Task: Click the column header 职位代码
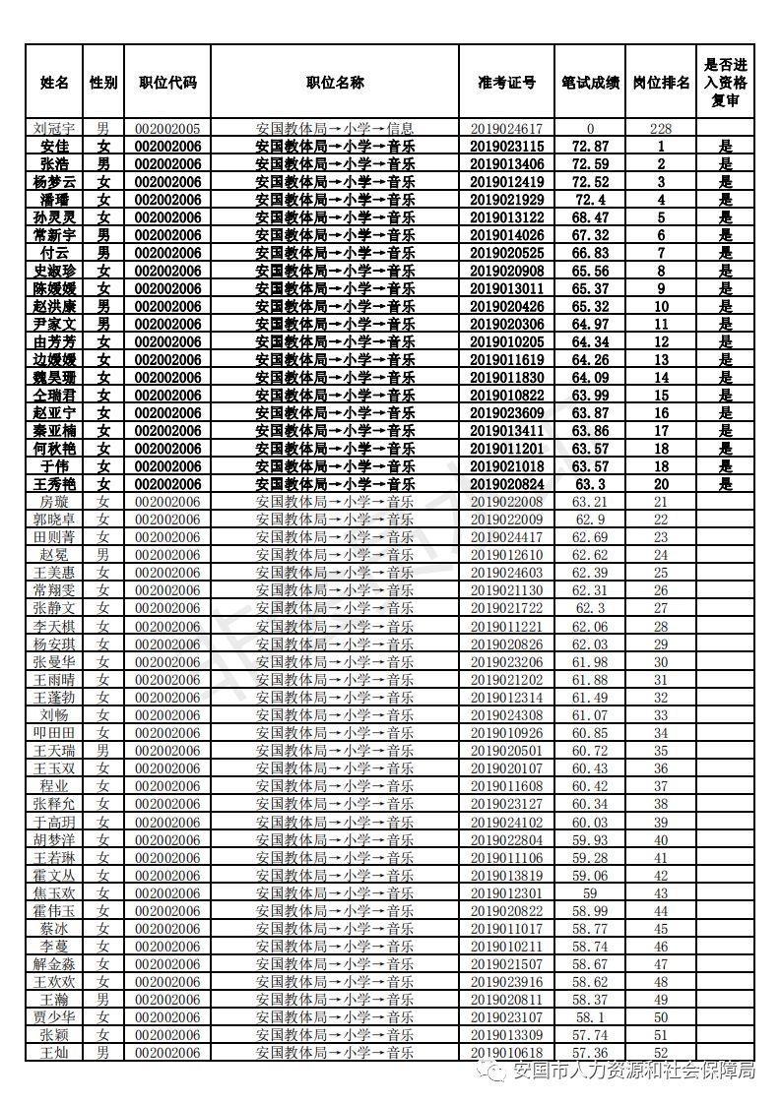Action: [167, 83]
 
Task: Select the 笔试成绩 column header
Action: [590, 83]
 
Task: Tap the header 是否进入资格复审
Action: [725, 83]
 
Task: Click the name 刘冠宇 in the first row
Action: [54, 128]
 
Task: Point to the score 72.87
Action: [590, 146]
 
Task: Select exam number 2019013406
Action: [506, 163]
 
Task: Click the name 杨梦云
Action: [54, 182]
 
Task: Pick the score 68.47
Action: [590, 217]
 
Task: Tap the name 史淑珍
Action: [54, 271]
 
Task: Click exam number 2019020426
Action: [506, 306]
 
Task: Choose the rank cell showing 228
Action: [660, 128]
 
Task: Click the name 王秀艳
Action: [54, 484]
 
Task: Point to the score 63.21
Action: [590, 502]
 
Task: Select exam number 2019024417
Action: [506, 537]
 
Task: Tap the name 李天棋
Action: [54, 627]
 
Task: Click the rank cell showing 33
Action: [660, 715]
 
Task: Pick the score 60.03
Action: [590, 823]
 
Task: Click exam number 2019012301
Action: [506, 893]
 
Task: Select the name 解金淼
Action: [54, 964]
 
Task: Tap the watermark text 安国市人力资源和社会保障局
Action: [635, 1072]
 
